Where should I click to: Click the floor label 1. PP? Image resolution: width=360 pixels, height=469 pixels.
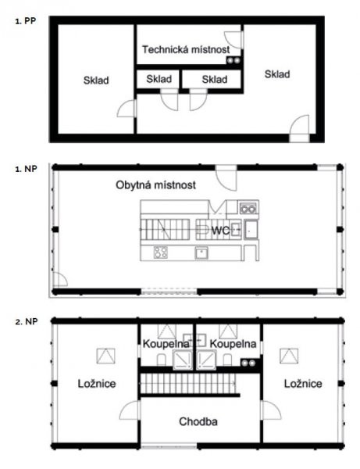[x=26, y=21]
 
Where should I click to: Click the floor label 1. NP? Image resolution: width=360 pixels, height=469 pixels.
[x=26, y=169]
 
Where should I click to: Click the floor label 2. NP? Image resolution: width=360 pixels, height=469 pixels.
[x=27, y=321]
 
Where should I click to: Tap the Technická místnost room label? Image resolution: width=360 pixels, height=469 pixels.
[x=186, y=49]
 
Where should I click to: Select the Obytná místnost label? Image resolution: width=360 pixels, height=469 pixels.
[x=155, y=184]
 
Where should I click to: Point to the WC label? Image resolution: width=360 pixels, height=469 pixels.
[x=220, y=231]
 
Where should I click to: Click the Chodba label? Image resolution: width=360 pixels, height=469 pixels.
[x=198, y=421]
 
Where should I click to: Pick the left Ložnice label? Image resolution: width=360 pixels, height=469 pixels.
[x=97, y=384]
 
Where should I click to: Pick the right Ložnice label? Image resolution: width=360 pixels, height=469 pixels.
[x=303, y=384]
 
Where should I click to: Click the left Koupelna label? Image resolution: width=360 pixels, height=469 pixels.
[x=166, y=344]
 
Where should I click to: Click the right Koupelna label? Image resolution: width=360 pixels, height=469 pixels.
[x=233, y=344]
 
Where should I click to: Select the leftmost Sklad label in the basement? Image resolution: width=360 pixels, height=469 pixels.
[x=96, y=81]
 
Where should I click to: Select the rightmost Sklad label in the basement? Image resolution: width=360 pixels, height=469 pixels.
[x=277, y=74]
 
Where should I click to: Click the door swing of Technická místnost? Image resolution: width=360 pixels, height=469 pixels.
[x=233, y=40]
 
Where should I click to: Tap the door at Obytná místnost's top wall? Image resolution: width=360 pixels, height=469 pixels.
[x=226, y=177]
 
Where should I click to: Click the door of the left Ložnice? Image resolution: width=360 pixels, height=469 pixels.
[x=130, y=410]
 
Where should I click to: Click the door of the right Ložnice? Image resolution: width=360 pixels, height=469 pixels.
[x=271, y=410]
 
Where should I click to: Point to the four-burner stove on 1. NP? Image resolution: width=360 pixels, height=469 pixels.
[x=160, y=252]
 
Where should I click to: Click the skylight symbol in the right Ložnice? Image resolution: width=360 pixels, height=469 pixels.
[x=289, y=356]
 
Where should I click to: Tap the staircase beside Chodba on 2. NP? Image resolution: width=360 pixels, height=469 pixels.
[x=188, y=384]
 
